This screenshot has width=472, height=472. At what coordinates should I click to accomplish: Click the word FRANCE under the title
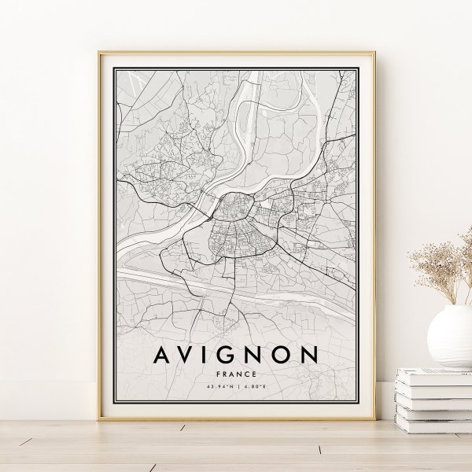pos(235,374)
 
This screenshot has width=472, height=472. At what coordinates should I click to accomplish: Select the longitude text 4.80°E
pos(253,387)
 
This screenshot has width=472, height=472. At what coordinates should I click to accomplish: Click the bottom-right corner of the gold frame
pos(374,419)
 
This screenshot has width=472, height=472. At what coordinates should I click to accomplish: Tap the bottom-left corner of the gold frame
pos(99,419)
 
